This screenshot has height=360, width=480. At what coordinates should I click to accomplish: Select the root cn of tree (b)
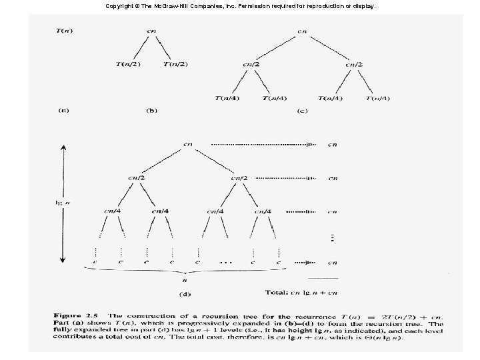click(153, 31)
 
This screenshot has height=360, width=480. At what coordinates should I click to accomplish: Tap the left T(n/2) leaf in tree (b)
click(127, 64)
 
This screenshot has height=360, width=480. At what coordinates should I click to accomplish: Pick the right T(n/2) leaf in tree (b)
click(175, 64)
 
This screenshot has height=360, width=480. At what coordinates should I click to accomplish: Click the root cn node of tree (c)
click(302, 31)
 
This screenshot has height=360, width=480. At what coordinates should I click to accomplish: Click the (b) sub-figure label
click(153, 111)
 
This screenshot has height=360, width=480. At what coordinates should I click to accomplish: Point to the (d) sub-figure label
click(187, 291)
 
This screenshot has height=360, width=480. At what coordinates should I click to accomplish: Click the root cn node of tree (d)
click(188, 143)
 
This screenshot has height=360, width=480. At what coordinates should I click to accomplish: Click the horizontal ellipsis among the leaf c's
click(225, 263)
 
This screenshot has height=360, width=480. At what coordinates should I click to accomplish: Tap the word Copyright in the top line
click(120, 5)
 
